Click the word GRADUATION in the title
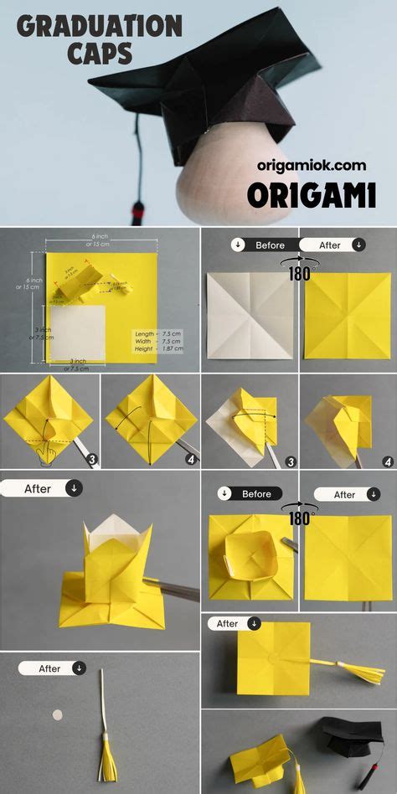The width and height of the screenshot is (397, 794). (99, 28)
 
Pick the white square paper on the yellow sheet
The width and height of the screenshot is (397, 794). (76, 333)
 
